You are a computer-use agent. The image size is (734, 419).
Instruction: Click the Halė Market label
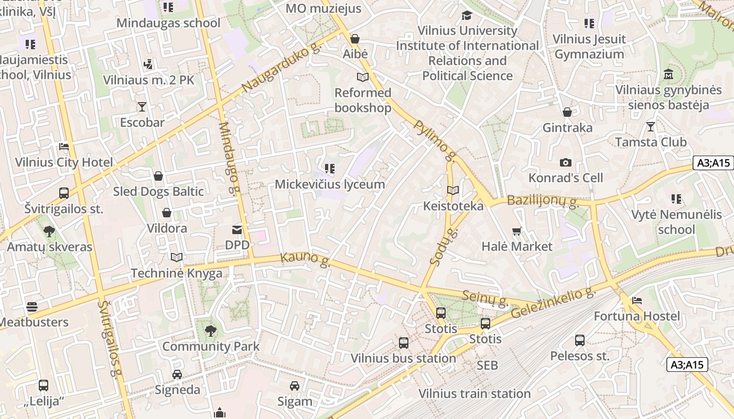517,246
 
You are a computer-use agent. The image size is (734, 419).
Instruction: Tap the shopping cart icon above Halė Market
517,231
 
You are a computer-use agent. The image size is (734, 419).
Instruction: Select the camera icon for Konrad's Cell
565,162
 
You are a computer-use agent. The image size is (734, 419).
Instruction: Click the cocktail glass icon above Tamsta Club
651,126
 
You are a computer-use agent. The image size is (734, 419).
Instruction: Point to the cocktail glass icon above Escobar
142,107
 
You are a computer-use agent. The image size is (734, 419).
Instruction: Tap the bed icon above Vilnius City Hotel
64,147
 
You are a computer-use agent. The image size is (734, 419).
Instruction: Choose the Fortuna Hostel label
636,316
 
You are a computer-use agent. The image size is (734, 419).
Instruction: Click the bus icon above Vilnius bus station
404,343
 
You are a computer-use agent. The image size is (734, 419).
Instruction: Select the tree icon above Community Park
210,331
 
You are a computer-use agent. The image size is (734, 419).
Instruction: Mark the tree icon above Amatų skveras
49,231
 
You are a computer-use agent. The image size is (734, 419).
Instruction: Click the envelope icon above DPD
237,229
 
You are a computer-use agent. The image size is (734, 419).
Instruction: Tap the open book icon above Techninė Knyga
177,258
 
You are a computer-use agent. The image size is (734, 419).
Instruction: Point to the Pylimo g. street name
435,141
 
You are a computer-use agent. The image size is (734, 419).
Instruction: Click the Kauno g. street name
305,259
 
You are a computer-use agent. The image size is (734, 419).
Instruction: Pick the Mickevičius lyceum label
330,184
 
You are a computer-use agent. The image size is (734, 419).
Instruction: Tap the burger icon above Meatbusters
32,307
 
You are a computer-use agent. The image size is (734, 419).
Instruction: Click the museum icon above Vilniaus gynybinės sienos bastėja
668,74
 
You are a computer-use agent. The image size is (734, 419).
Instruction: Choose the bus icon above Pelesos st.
580,340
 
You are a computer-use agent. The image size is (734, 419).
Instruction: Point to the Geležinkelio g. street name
554,303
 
